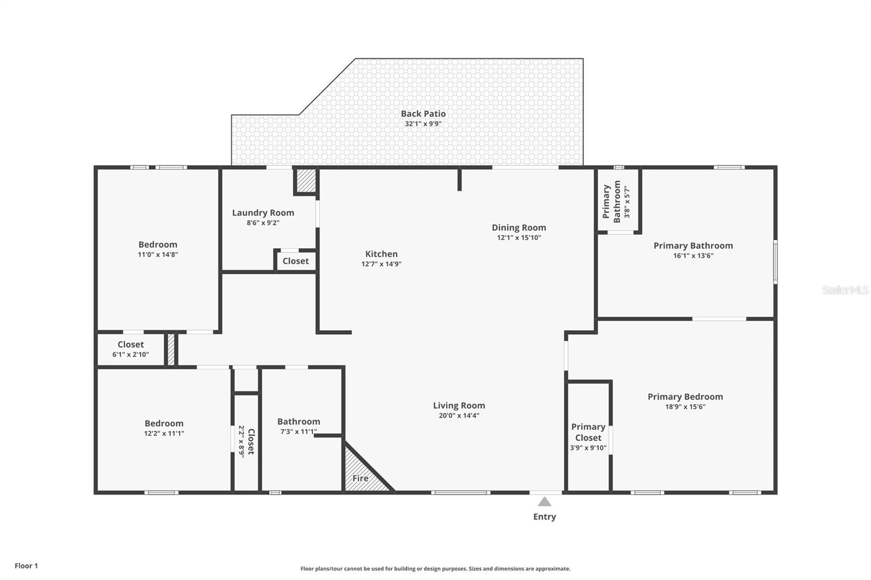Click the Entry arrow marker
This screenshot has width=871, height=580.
544,502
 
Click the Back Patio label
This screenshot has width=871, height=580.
423,114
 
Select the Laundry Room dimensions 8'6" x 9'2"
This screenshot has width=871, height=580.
263,223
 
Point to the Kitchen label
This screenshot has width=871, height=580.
381,254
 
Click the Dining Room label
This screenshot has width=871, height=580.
519,227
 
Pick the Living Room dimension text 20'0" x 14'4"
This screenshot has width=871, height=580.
459,416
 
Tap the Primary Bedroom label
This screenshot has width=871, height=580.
685,397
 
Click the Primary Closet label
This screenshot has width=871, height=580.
588,432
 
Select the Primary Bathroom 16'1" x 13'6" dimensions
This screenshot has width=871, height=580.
693,256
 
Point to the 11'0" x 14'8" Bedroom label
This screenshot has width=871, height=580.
158,245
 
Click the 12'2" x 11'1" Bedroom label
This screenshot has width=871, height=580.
164,423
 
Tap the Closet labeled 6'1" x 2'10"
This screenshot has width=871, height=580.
131,349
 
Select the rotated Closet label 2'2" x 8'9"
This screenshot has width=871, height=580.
246,441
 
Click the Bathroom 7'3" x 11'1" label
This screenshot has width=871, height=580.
298,422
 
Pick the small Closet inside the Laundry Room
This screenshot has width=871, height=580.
296,261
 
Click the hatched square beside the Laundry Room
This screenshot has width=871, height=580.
306,181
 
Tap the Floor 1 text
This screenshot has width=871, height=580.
26,566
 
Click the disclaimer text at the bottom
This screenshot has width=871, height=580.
436,569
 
